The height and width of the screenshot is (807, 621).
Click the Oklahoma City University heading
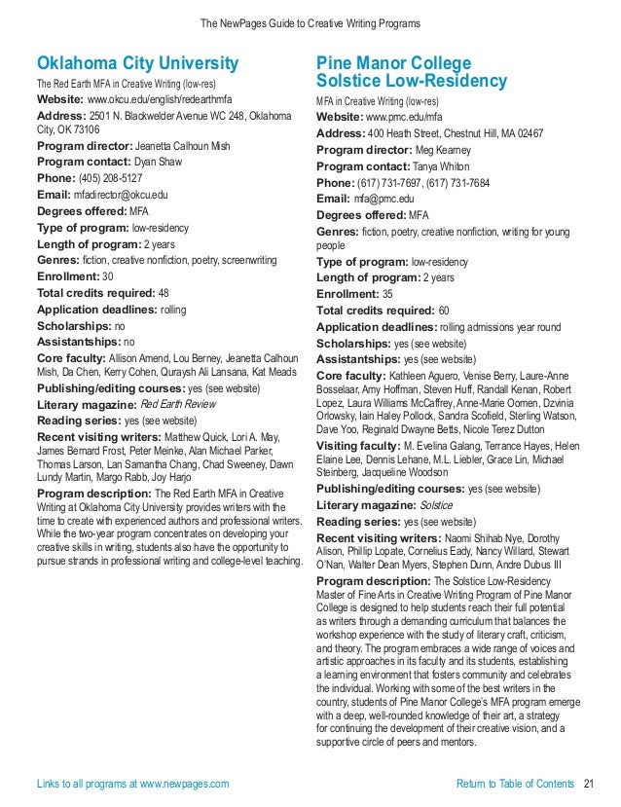tap(137, 64)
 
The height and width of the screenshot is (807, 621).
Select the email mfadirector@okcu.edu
tap(117, 195)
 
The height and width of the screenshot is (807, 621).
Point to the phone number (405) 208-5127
tap(117, 179)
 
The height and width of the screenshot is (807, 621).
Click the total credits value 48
tap(164, 292)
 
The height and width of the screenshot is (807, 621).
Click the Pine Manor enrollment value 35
tap(387, 293)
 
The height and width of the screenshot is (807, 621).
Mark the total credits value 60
tap(444, 310)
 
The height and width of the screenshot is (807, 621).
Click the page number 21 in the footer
tap(588, 784)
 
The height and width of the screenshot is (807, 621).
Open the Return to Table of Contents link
tap(515, 784)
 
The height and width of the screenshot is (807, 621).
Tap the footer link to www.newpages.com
tap(132, 784)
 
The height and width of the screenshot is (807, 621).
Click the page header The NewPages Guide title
tap(310, 21)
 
